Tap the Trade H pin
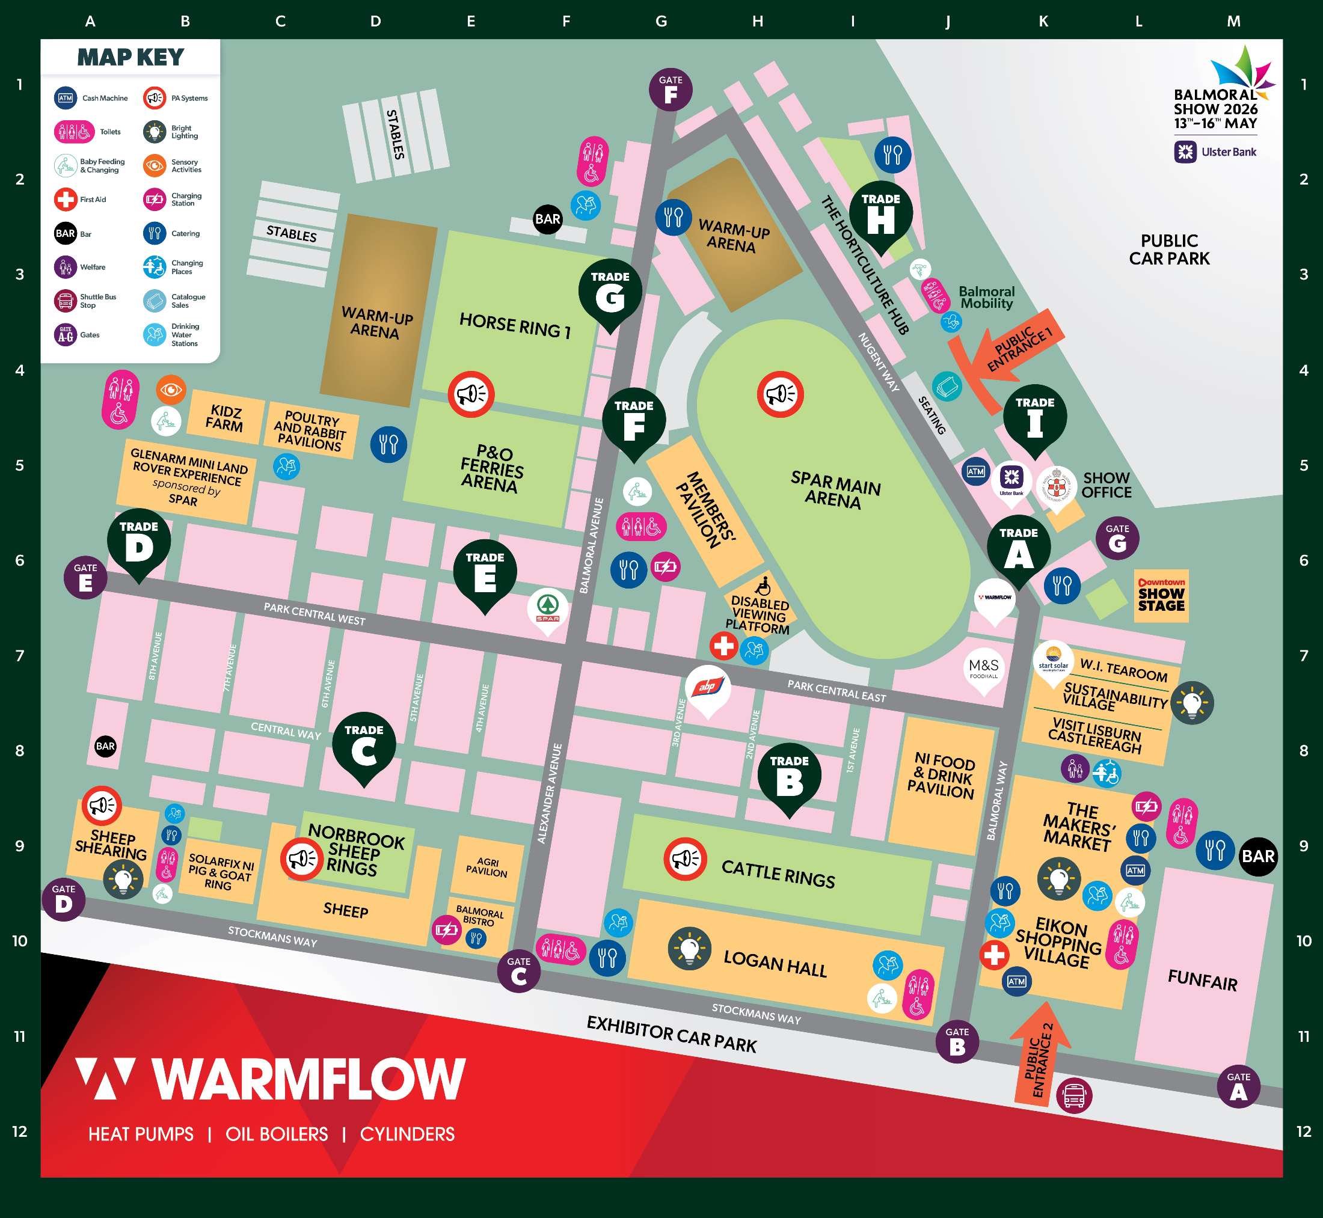880,215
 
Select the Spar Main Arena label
835,489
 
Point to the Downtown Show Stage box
1161,595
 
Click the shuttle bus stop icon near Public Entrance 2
1074,1095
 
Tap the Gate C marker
519,971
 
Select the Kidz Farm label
225,418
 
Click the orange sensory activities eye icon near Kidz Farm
171,390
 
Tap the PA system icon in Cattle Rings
685,859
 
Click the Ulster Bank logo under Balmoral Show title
1215,152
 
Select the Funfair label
1202,980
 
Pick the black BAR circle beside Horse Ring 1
547,219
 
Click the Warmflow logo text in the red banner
308,1079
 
